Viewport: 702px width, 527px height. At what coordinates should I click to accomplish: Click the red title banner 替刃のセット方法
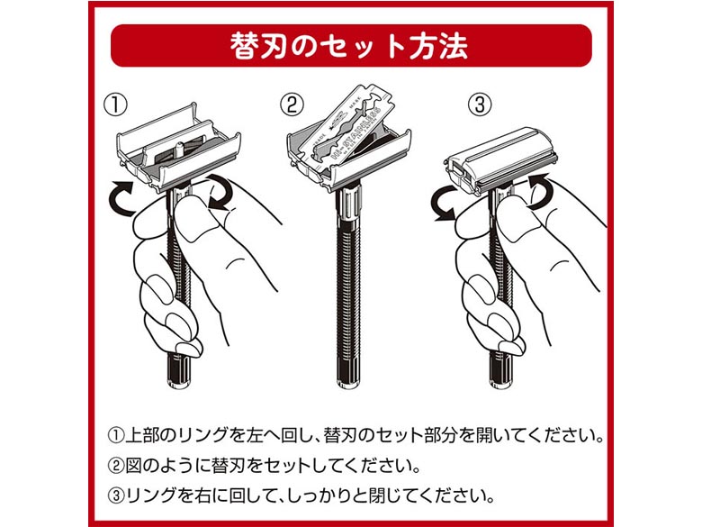351,45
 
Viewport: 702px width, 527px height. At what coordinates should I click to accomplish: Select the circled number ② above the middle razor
292,105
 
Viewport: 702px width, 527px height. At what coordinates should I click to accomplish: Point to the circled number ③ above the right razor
480,105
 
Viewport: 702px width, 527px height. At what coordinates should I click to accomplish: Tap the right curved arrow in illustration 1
220,192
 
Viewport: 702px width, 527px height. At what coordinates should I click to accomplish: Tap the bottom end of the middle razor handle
348,384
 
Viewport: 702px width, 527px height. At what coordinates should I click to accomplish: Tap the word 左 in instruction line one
255,435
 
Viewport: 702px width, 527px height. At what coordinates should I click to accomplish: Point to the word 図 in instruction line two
133,466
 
